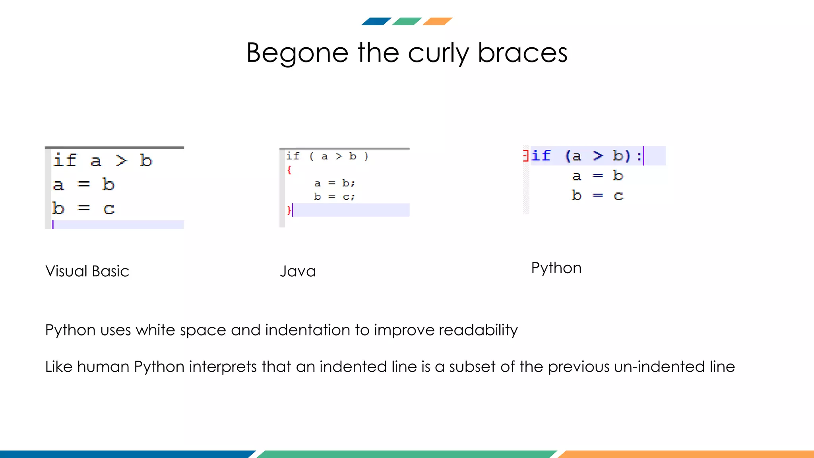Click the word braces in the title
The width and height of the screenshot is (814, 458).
(522, 53)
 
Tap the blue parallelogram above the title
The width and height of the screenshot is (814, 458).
(376, 21)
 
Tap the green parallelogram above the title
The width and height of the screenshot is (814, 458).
(407, 21)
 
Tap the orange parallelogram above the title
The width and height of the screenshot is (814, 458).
(437, 21)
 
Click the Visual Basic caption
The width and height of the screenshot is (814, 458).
(87, 271)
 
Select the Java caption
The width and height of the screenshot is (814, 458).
(298, 271)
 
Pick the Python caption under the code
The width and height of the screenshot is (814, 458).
(556, 268)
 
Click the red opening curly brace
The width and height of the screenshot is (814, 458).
(289, 170)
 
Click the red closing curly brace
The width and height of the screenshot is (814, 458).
(289, 210)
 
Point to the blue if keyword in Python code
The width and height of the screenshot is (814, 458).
(541, 155)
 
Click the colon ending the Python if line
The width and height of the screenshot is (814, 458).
(639, 156)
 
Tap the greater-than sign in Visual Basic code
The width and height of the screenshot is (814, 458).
(121, 161)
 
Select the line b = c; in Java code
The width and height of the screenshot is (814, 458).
(334, 196)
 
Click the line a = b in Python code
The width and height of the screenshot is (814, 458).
(597, 175)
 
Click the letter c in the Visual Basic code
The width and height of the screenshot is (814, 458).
(109, 209)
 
